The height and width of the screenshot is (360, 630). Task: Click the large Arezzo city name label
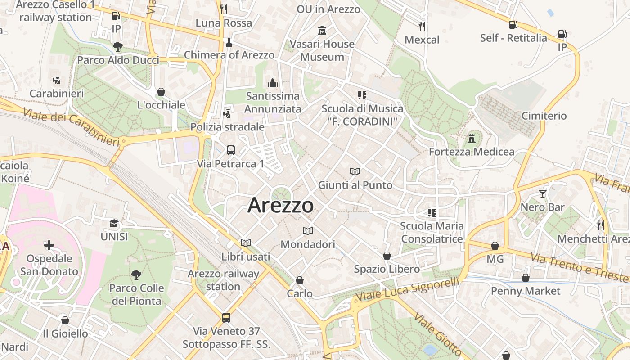pyautogui.click(x=280, y=206)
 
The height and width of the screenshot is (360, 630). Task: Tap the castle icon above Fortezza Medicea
pyautogui.click(x=472, y=138)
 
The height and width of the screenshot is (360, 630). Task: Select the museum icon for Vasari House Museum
pyautogui.click(x=322, y=31)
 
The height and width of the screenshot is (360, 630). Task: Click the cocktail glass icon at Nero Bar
pyautogui.click(x=543, y=194)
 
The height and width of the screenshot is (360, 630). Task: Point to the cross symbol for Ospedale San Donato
pyautogui.click(x=49, y=245)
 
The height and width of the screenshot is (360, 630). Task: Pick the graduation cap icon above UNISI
pyautogui.click(x=114, y=223)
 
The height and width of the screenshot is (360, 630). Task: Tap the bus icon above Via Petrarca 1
pyautogui.click(x=231, y=150)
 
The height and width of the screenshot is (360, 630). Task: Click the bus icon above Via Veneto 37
pyautogui.click(x=226, y=318)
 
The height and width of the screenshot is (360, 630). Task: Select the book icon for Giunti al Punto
pyautogui.click(x=355, y=171)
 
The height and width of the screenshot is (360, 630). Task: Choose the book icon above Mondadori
pyautogui.click(x=308, y=231)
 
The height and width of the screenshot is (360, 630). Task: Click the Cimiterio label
pyautogui.click(x=544, y=116)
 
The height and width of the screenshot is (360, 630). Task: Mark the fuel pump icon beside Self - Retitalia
pyautogui.click(x=513, y=25)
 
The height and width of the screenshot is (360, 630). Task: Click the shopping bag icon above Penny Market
pyautogui.click(x=525, y=278)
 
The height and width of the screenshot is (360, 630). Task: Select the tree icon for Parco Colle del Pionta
pyautogui.click(x=136, y=274)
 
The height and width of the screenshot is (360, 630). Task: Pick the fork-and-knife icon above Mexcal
pyautogui.click(x=422, y=27)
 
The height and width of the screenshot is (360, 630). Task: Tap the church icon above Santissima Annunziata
pyautogui.click(x=273, y=83)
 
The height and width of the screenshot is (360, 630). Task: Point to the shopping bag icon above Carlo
pyautogui.click(x=300, y=280)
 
